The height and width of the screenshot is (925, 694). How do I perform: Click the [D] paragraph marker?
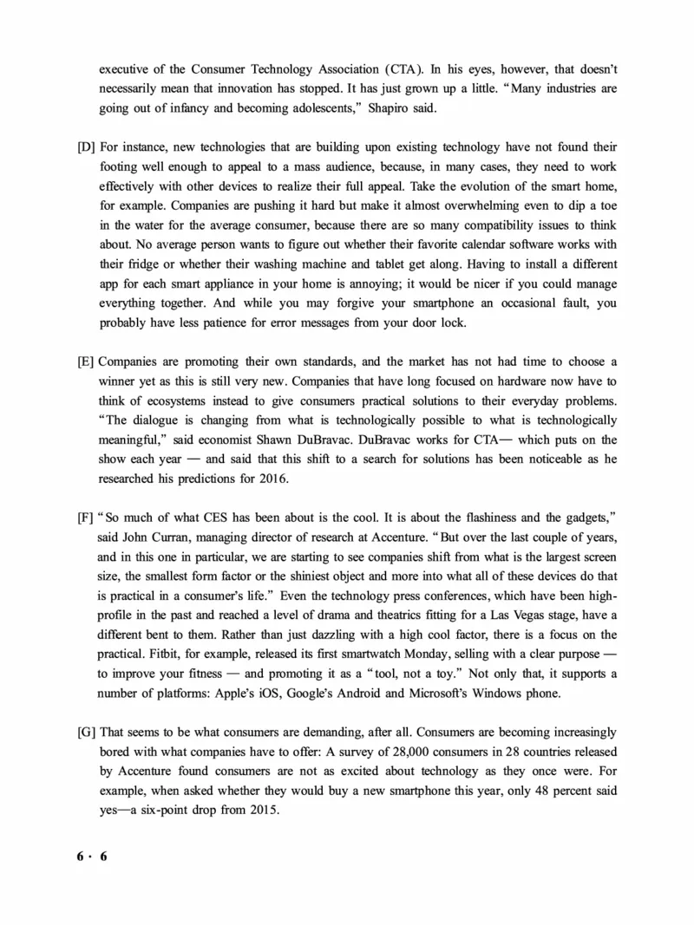point(88,148)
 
